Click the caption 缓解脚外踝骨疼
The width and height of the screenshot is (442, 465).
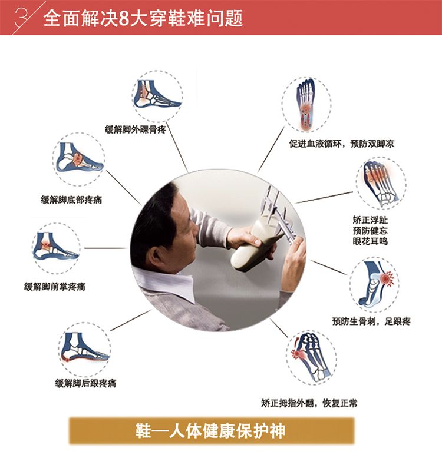(x=135, y=129)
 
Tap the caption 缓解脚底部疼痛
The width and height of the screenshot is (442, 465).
(x=71, y=200)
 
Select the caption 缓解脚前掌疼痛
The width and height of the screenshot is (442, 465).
(x=55, y=287)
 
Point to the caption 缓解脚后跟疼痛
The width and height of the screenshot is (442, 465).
(x=85, y=383)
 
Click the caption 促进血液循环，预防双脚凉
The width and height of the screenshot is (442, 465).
(x=342, y=144)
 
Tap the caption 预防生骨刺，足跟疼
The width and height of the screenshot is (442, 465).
(x=371, y=321)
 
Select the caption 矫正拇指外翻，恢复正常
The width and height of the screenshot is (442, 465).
(x=309, y=403)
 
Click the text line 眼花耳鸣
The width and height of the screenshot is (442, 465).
(x=370, y=241)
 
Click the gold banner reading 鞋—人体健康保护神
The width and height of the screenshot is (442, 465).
(x=212, y=431)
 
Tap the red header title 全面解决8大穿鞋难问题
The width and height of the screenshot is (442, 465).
(x=143, y=18)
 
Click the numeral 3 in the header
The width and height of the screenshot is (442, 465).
(x=22, y=18)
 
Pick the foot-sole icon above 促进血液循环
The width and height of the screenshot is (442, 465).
(x=306, y=104)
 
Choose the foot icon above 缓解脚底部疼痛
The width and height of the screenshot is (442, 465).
(x=78, y=160)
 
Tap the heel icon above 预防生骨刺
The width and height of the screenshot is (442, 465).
(x=375, y=284)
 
